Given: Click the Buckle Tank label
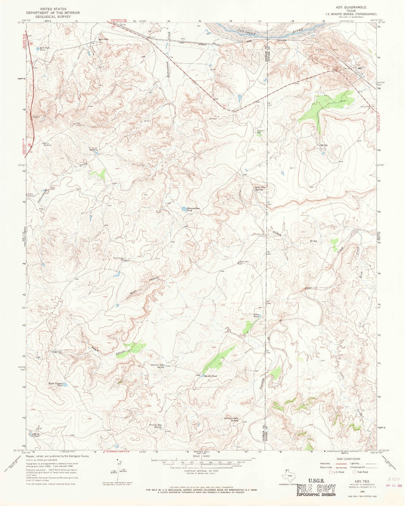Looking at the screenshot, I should point(211,376).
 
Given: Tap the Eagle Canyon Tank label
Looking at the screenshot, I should point(55,384).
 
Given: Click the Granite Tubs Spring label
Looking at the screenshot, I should point(158,366).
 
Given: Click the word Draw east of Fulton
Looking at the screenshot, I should point(313,241).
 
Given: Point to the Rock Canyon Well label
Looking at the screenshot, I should point(119,259).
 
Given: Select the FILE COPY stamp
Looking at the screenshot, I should point(316,489).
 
